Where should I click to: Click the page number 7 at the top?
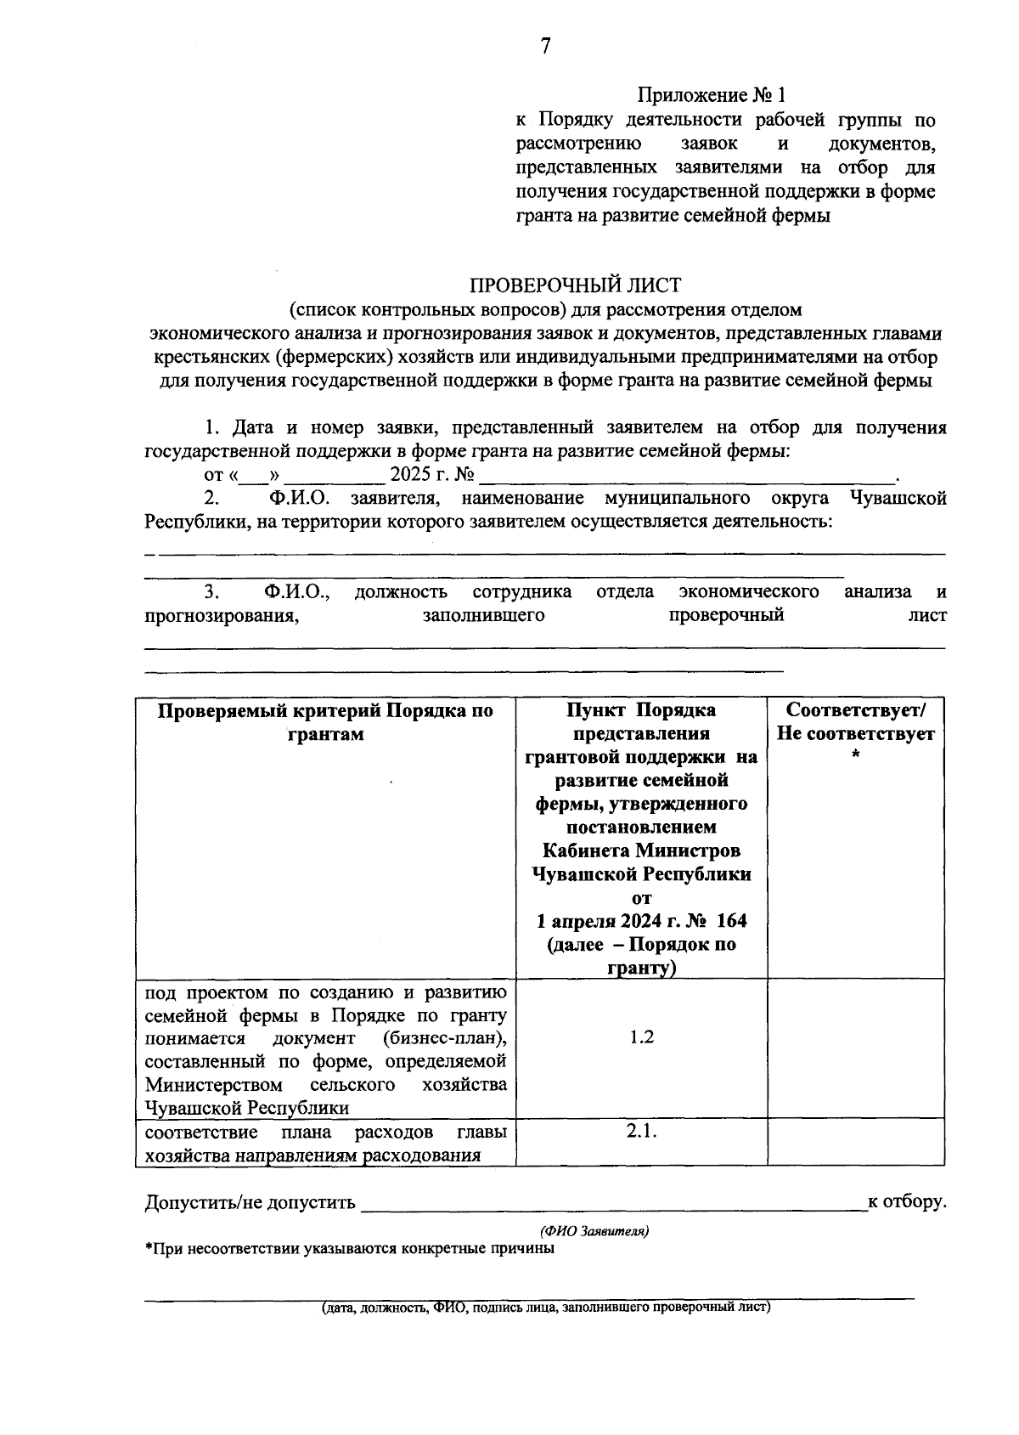pos(545,48)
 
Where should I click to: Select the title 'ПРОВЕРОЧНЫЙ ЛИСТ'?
pos(575,285)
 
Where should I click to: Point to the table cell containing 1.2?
pos(641,1037)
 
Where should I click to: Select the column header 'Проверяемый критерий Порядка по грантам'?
pos(325,722)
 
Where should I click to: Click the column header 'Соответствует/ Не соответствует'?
pos(855,722)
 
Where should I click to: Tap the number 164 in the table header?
pos(731,921)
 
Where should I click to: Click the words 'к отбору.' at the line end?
pos(906,1201)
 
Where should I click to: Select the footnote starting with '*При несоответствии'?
pos(350,1249)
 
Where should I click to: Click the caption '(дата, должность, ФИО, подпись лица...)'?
pos(545,1308)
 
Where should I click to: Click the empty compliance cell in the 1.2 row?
pos(855,1048)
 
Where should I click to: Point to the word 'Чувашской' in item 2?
pos(898,498)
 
